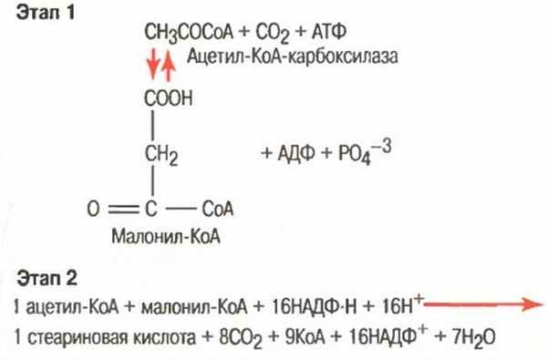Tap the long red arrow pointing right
[482, 306]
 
